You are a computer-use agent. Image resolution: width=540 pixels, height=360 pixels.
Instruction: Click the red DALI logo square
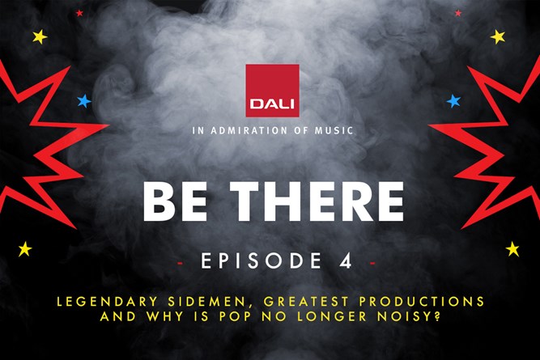(272, 91)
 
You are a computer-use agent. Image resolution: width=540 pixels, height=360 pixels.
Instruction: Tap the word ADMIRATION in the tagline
(249, 130)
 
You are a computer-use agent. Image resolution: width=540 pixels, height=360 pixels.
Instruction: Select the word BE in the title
(175, 201)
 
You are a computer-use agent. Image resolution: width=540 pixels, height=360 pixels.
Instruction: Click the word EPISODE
(261, 260)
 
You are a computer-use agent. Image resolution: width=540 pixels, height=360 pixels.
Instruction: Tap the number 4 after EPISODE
(346, 260)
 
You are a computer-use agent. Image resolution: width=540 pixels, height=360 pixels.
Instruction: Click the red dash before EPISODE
(180, 264)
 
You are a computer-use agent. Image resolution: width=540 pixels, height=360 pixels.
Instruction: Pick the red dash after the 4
(372, 264)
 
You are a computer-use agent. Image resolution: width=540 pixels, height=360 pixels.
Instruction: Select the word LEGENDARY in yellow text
(107, 302)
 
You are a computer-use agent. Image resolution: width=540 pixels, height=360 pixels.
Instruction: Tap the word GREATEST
(306, 302)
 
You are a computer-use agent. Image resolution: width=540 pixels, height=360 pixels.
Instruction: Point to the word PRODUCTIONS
(422, 302)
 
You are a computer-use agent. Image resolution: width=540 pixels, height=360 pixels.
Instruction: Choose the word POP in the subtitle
(236, 316)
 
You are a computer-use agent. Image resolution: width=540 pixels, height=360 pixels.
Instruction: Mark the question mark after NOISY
(437, 316)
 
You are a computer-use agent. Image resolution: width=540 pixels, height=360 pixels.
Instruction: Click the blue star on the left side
(84, 101)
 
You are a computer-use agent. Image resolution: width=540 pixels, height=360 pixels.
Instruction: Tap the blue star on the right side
(453, 101)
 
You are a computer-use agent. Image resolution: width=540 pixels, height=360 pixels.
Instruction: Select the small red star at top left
(79, 13)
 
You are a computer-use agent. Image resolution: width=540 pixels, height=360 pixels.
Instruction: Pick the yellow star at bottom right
(512, 249)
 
